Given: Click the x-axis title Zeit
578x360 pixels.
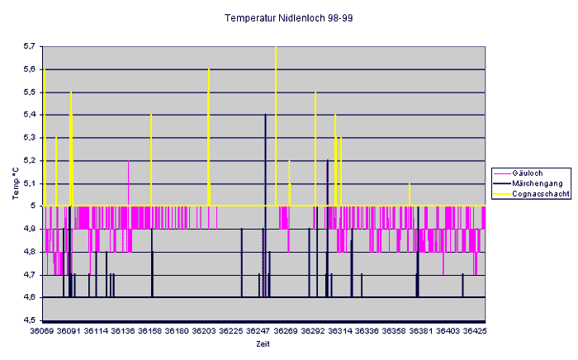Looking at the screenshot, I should [263, 343].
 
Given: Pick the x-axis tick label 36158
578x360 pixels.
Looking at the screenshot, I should [150, 331].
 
